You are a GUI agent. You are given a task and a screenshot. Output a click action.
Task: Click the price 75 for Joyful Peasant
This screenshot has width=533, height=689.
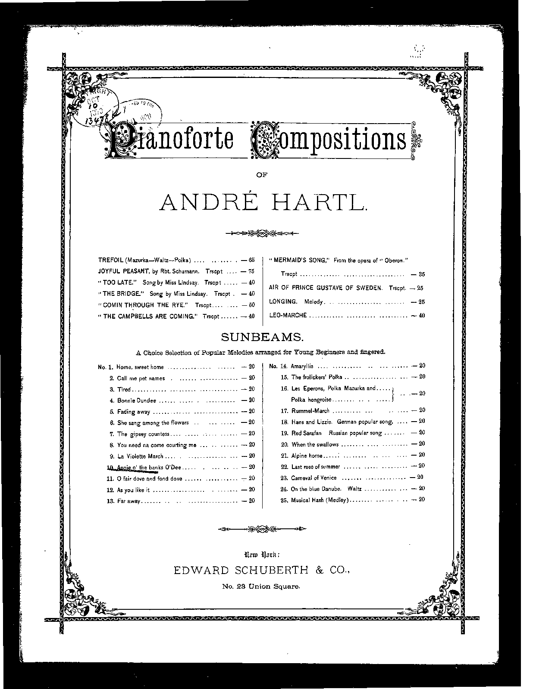pyautogui.click(x=251, y=271)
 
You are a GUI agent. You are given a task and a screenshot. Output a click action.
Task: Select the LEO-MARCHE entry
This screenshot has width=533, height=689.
pyautogui.click(x=288, y=315)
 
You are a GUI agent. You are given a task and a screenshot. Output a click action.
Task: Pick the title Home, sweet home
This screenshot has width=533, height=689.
pyautogui.click(x=140, y=367)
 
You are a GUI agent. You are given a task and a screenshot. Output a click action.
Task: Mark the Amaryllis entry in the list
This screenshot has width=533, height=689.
pyautogui.click(x=302, y=366)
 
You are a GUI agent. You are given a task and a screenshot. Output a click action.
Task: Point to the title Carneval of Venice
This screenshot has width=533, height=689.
pyautogui.click(x=314, y=478)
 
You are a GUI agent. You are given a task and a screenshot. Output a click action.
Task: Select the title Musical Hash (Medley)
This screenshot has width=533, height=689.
pyautogui.click(x=320, y=500)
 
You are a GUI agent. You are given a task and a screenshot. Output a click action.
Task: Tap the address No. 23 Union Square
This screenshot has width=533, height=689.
pyautogui.click(x=261, y=586)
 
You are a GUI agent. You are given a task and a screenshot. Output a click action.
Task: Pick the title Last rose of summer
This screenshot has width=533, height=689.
pyautogui.click(x=316, y=466)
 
